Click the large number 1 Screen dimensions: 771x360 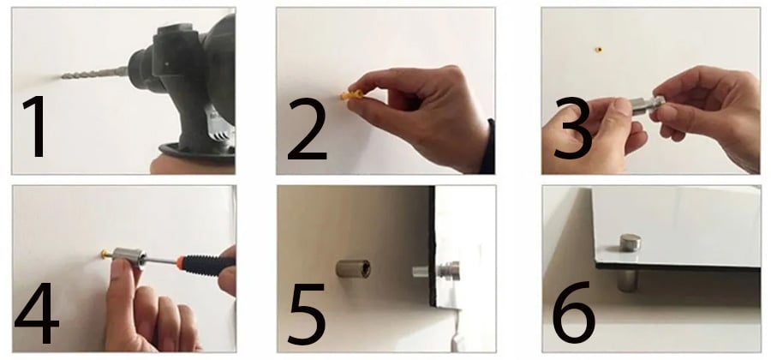coord(35,126)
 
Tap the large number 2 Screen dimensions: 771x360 coord(307,129)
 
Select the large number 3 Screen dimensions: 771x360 coord(573,128)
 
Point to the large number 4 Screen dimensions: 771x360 coord(36,312)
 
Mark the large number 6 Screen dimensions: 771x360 coord(574,312)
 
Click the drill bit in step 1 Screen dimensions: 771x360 coord(95,73)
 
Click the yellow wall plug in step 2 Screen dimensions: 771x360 coord(351,94)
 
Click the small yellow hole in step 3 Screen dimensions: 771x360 coord(599,49)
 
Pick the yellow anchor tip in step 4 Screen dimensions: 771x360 coord(106,254)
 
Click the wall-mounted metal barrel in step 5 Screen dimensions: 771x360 coord(353,268)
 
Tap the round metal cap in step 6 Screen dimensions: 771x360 coord(630,243)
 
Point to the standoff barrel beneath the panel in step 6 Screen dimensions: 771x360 coord(628,279)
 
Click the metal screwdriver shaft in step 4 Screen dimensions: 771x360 coord(162,261)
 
